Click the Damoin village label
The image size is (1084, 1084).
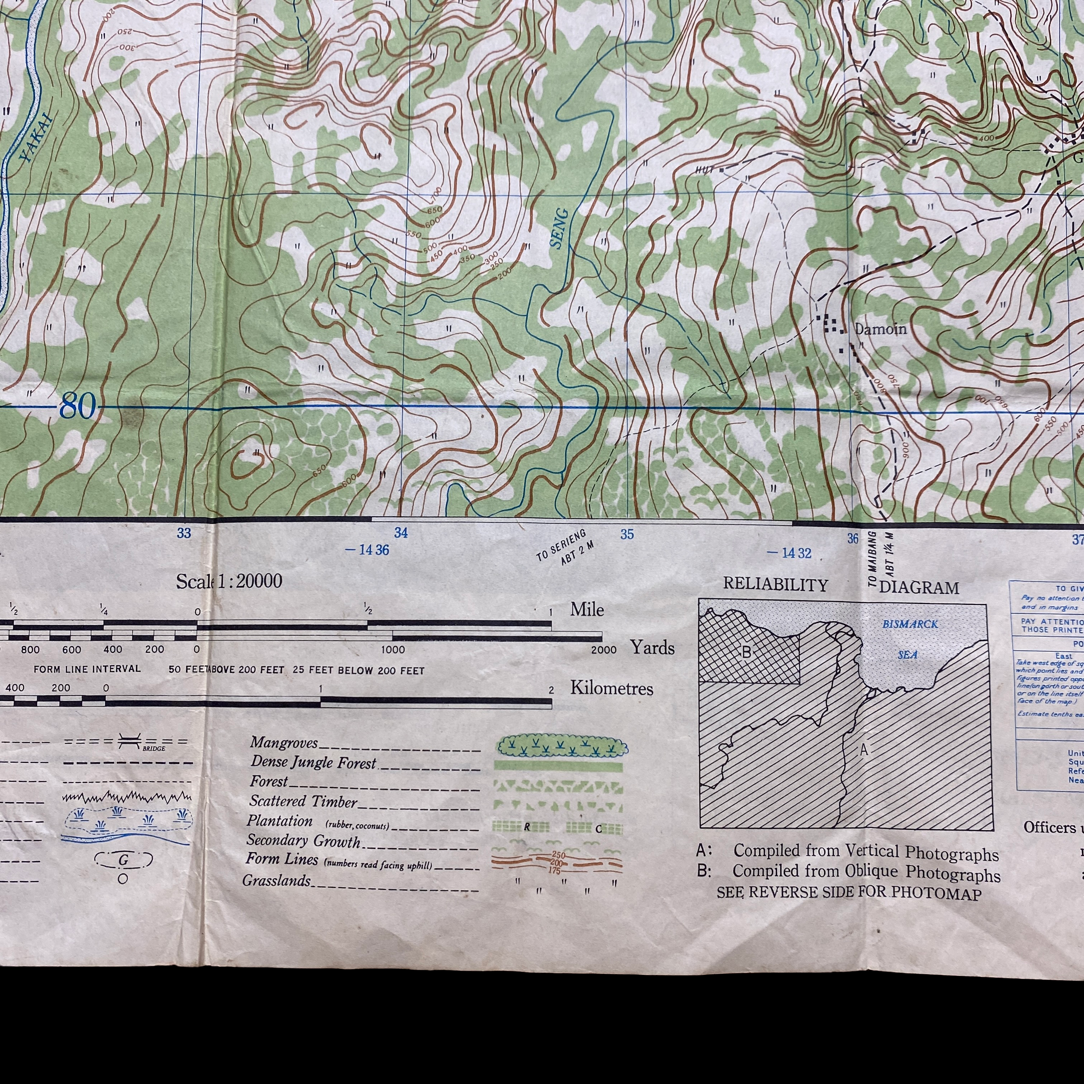pyautogui.click(x=880, y=329)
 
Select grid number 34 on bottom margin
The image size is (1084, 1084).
pyautogui.click(x=401, y=533)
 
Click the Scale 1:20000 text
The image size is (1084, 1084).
pyautogui.click(x=229, y=581)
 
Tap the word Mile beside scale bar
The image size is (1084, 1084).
pyautogui.click(x=587, y=609)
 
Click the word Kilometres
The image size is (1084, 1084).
pyautogui.click(x=612, y=688)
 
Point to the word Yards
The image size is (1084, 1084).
pyautogui.click(x=651, y=648)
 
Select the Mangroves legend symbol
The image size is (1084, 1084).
pyautogui.click(x=561, y=747)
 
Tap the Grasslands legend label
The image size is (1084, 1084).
pyautogui.click(x=276, y=880)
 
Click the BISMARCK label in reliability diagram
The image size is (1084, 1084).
pyautogui.click(x=910, y=624)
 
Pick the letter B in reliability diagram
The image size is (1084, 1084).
pyautogui.click(x=747, y=653)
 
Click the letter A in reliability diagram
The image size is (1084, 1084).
pyautogui.click(x=864, y=750)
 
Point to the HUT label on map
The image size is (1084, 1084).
pyautogui.click(x=705, y=170)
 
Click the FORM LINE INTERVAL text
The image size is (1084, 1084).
pyautogui.click(x=87, y=669)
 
